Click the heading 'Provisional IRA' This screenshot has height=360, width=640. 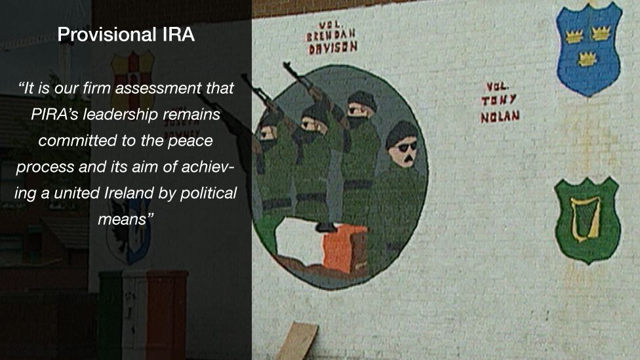tap(126, 35)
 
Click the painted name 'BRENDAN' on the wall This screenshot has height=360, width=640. tap(331, 34)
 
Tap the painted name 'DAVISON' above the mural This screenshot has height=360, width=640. tap(332, 47)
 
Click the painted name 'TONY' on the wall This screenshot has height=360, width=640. tap(498, 101)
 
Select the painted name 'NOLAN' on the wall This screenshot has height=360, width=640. tap(499, 117)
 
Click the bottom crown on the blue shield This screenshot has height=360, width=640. tap(586, 59)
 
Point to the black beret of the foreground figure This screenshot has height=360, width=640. tap(401, 132)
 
